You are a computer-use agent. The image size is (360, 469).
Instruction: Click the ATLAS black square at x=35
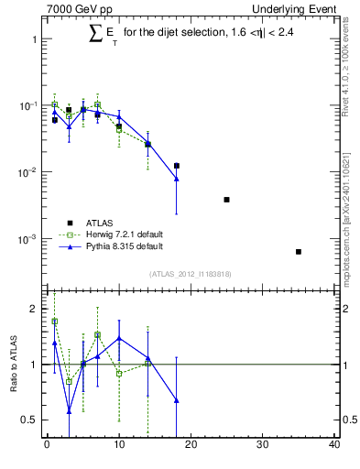click(x=299, y=251)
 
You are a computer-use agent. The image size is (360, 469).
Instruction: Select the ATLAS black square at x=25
click(x=226, y=200)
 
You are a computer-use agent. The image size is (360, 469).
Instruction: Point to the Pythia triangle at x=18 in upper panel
click(x=176, y=179)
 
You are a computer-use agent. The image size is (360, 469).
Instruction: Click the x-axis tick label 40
click(x=334, y=445)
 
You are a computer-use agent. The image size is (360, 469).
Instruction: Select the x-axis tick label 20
click(x=191, y=445)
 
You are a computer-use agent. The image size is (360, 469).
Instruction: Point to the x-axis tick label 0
click(x=47, y=445)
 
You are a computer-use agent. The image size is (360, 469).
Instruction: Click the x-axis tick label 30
click(x=263, y=445)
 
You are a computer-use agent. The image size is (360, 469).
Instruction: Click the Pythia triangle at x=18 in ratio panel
click(x=176, y=400)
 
